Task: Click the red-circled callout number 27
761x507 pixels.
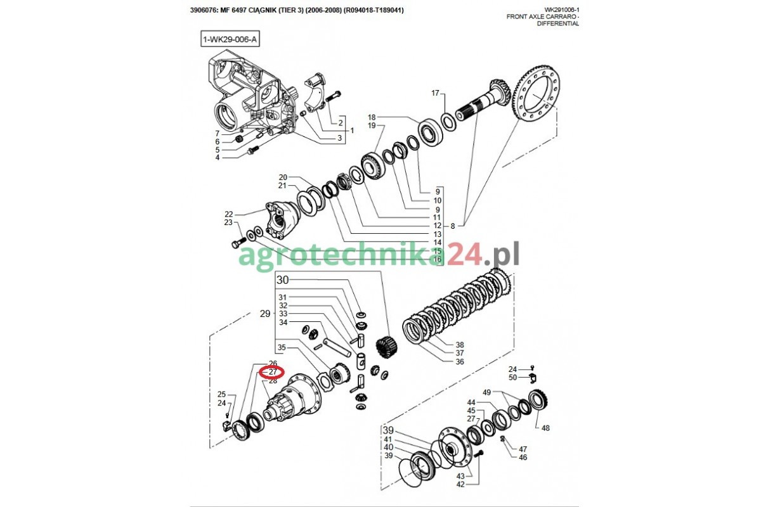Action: click(273, 372)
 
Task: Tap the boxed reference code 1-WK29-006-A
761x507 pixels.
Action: click(230, 39)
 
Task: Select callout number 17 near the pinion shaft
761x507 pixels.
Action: click(435, 93)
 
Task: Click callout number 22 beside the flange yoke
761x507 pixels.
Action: click(229, 214)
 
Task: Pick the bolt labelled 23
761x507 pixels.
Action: click(239, 243)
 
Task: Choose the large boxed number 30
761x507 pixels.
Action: click(282, 280)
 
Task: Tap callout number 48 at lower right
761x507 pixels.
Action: click(545, 428)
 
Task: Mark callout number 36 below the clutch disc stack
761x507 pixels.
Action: click(460, 362)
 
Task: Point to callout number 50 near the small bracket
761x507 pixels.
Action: click(512, 377)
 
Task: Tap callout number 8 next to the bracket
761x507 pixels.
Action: click(453, 226)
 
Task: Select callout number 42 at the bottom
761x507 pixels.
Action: click(460, 484)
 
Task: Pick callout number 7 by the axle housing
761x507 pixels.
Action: click(218, 134)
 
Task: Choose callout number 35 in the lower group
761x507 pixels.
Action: click(282, 347)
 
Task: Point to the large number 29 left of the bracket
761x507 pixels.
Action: click(265, 314)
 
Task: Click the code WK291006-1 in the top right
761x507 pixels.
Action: click(561, 10)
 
